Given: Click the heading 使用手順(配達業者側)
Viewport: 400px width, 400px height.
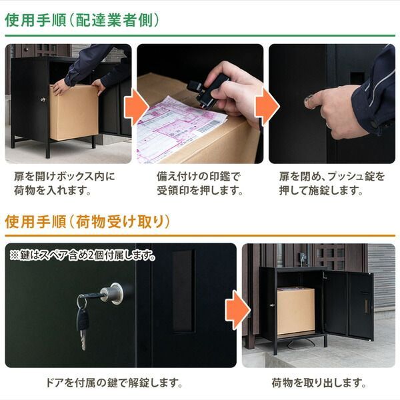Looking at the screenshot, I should coord(82,20).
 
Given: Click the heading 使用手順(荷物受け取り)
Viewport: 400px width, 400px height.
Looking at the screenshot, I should coord(87,221).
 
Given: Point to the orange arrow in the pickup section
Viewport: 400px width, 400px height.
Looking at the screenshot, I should coord(237,308).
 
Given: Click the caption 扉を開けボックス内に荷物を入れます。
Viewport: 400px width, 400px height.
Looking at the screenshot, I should coord(64,184).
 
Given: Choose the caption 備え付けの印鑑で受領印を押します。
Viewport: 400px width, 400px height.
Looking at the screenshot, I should coord(198,184).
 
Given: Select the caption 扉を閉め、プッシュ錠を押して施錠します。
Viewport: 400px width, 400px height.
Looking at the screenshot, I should coord(331,184).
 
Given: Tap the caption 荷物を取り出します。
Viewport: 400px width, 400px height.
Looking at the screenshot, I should coord(319,383).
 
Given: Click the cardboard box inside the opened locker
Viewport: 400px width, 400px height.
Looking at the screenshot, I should coord(296,311).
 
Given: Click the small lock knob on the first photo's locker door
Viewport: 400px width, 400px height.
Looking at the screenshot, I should coord(42,99).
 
